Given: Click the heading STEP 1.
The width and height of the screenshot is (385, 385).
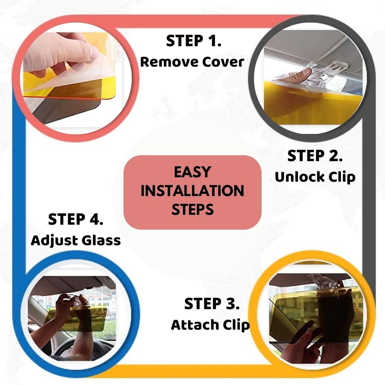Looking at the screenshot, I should click(x=193, y=41).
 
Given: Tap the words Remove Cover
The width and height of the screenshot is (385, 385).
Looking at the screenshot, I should click(x=192, y=62).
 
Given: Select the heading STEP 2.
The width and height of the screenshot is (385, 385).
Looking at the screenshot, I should click(x=315, y=156).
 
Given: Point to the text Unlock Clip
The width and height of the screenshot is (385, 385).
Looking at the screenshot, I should click(x=315, y=177).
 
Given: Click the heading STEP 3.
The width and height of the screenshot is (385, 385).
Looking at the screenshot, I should click(x=212, y=304).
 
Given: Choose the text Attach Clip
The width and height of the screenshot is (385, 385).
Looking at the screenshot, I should click(x=210, y=325).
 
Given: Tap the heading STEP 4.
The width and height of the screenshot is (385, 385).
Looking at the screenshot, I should click(x=76, y=219).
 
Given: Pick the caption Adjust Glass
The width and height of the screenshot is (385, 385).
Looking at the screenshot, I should click(x=76, y=241).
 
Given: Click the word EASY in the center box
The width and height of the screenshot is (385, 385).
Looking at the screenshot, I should click(x=192, y=172).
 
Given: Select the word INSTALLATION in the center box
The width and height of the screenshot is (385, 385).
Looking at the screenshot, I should click(x=192, y=191).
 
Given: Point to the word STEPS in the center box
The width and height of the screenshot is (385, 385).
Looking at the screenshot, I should click(x=192, y=209).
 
